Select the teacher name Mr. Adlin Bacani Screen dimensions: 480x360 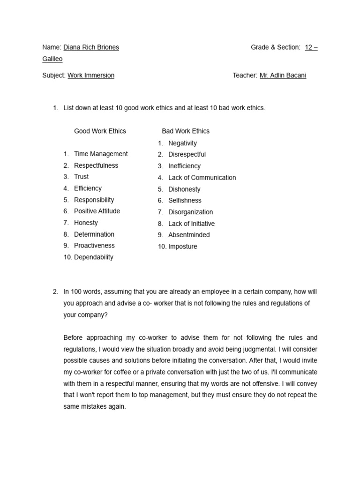(283, 75)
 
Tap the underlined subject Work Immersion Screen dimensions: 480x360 (91, 75)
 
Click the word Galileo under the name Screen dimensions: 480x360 (52, 59)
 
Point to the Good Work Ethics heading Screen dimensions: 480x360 (100, 131)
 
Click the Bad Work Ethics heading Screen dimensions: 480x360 (186, 131)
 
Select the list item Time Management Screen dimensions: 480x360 (101, 154)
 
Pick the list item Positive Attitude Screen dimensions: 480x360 (97, 211)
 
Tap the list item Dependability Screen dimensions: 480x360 (94, 257)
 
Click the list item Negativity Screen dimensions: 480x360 (182, 143)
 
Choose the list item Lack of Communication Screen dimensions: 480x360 (202, 178)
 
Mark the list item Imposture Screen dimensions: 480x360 (183, 247)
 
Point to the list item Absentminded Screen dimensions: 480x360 (189, 235)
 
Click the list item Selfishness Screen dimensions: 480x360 (185, 201)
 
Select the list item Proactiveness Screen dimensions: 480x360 (94, 246)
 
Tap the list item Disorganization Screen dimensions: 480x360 (190, 212)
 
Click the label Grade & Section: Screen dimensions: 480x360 (275, 47)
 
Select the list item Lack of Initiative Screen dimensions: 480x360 (191, 224)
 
